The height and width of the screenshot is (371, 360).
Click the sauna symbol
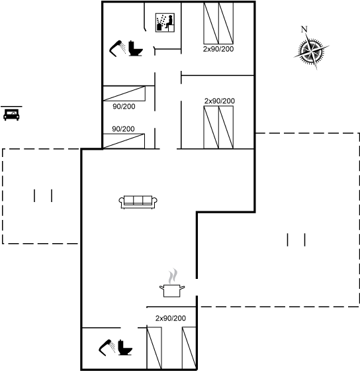[x=165, y=23]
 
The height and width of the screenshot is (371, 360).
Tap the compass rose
[x=311, y=50]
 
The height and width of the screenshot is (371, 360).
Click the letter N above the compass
[x=304, y=29]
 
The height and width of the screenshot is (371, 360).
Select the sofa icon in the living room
[x=138, y=202]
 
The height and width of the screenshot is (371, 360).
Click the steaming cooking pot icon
[x=172, y=283]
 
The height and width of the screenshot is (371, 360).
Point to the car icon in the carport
[x=11, y=115]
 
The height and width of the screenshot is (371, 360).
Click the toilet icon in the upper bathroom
[x=136, y=48]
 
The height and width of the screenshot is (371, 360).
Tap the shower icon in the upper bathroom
[x=118, y=48]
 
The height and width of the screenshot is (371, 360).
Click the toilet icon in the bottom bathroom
[x=125, y=347]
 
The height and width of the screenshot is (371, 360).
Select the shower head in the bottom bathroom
[x=107, y=348]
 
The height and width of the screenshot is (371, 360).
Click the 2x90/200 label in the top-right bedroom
[x=218, y=49]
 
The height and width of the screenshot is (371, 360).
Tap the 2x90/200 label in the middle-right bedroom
[x=220, y=101]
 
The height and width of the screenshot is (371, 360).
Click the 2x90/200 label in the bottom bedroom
[x=171, y=318]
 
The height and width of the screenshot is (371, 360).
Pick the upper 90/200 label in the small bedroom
[x=124, y=107]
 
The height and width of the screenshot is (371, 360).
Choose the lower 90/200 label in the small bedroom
[x=123, y=129]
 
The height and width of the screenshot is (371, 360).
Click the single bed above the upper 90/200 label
[x=124, y=93]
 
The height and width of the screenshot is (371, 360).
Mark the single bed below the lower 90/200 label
[x=124, y=141]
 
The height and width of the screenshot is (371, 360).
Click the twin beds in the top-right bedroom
[x=218, y=23]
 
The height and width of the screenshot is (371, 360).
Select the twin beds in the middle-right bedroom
[x=218, y=127]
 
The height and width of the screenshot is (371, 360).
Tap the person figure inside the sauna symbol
[x=169, y=22]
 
